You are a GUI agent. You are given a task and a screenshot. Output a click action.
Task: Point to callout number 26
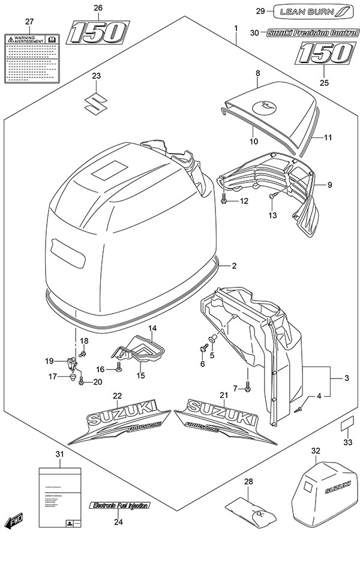[98, 8]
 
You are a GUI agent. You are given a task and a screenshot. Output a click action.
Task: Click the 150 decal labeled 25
[323, 55]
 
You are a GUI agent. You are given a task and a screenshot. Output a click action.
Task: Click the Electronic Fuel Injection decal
[118, 505]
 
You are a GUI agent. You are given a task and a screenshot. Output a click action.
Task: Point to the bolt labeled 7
[248, 390]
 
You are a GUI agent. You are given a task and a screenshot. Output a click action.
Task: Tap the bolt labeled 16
[119, 370]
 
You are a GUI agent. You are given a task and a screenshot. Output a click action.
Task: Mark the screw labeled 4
[298, 409]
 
